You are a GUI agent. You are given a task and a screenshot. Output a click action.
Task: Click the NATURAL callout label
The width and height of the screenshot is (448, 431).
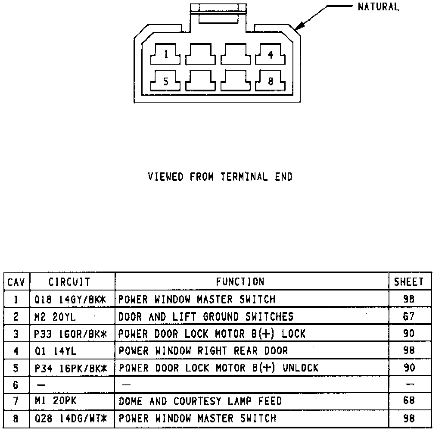tap(378, 7)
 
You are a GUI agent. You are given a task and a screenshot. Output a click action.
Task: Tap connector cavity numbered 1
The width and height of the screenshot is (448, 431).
tap(165, 55)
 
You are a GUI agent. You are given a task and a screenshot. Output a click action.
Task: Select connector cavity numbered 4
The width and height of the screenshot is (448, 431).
tap(271, 55)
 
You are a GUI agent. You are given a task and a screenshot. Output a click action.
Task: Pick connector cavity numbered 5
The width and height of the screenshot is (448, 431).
tap(165, 81)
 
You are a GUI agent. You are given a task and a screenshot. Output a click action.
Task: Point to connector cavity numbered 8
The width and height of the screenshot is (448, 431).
tap(271, 81)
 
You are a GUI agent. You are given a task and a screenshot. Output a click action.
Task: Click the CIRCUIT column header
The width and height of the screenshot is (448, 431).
tap(69, 282)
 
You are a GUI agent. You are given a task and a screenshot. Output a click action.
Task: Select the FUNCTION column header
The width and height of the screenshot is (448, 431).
tap(240, 282)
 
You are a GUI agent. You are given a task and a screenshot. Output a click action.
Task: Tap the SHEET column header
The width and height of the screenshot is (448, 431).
tap(409, 282)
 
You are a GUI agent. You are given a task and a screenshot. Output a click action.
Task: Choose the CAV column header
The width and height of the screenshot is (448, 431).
tap(16, 283)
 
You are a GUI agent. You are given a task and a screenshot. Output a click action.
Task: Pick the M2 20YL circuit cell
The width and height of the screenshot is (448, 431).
tap(55, 317)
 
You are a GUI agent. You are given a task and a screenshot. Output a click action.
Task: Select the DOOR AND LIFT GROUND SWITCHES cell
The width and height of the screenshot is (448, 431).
tap(205, 317)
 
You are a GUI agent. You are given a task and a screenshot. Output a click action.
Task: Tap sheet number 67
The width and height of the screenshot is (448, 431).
tap(409, 317)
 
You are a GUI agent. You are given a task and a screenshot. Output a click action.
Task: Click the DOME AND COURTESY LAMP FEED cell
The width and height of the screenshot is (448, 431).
tap(200, 401)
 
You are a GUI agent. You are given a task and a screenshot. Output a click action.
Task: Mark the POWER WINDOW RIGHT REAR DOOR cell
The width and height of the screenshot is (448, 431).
tap(203, 351)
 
